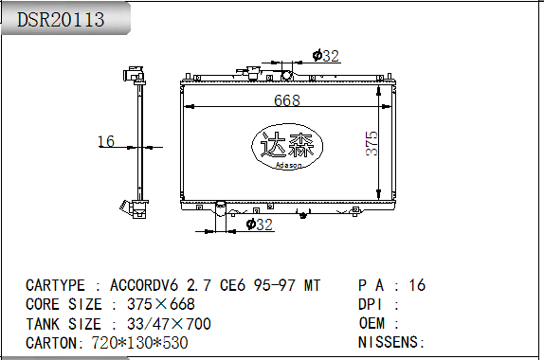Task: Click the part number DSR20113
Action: (61, 19)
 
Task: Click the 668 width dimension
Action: (287, 100)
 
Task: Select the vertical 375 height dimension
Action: (372, 143)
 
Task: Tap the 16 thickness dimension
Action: (106, 141)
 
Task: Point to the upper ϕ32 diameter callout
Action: (325, 56)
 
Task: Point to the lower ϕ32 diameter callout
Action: (259, 225)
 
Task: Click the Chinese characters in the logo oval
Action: (287, 145)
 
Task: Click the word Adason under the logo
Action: (289, 165)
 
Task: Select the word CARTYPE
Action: (55, 285)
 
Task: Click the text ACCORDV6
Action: (144, 285)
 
